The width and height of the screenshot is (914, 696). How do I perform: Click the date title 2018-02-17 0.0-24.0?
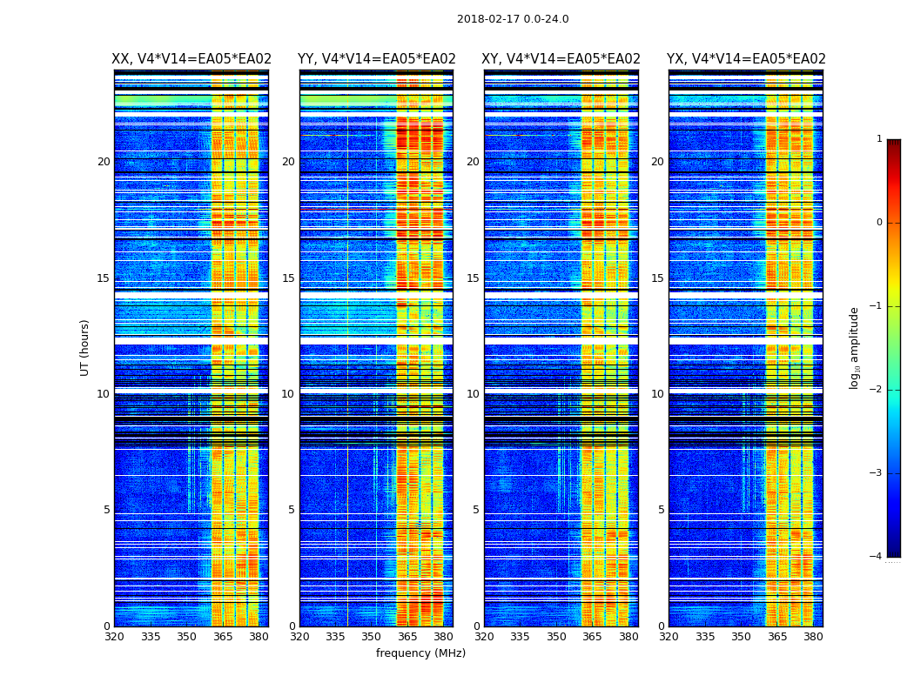click(x=513, y=19)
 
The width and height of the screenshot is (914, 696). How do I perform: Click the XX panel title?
click(x=192, y=59)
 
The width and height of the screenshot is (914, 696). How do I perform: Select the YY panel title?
click(x=376, y=59)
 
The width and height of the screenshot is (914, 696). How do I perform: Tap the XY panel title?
click(x=561, y=59)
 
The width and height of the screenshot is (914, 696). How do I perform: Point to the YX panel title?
click(x=746, y=59)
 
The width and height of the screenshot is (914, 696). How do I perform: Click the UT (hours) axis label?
click(x=85, y=347)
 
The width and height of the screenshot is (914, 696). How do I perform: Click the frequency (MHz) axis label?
click(x=420, y=653)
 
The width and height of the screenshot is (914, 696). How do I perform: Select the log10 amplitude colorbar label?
click(x=855, y=347)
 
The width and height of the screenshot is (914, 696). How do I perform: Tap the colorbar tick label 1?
click(x=879, y=139)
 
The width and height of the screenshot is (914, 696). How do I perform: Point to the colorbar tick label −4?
click(x=877, y=557)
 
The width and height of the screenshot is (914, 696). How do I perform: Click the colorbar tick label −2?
click(x=877, y=390)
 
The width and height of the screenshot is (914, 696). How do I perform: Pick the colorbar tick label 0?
click(x=879, y=223)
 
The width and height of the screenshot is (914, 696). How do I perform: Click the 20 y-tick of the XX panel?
click(x=104, y=162)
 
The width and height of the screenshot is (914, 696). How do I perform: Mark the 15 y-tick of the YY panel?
click(x=288, y=278)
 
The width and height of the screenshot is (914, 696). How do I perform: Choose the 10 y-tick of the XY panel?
click(x=473, y=394)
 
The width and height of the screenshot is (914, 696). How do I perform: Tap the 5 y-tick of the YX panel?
click(x=662, y=510)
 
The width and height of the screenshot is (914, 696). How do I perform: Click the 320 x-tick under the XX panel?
click(x=114, y=637)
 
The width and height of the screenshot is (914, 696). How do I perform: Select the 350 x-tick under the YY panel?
click(x=372, y=637)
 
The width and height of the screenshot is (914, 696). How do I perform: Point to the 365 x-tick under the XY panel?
click(x=592, y=637)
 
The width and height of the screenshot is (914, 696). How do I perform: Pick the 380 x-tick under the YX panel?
click(x=813, y=637)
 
